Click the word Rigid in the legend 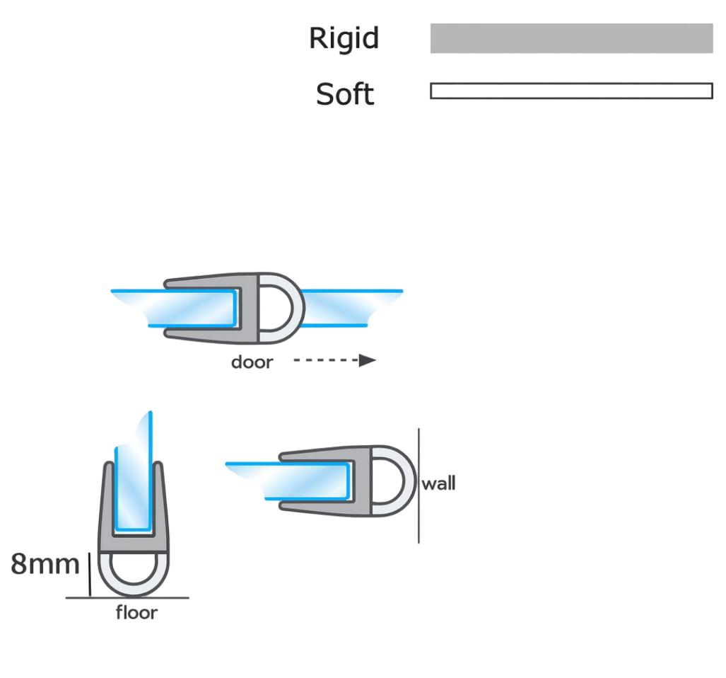[344, 38]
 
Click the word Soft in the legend [345, 94]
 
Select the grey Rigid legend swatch [571, 38]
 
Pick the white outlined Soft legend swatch [571, 91]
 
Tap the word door [252, 362]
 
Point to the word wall [438, 483]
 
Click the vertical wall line [418, 485]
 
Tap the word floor [136, 613]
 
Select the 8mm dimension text [45, 564]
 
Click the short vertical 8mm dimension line [90, 574]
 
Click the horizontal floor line [127, 598]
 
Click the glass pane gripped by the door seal [185, 308]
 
